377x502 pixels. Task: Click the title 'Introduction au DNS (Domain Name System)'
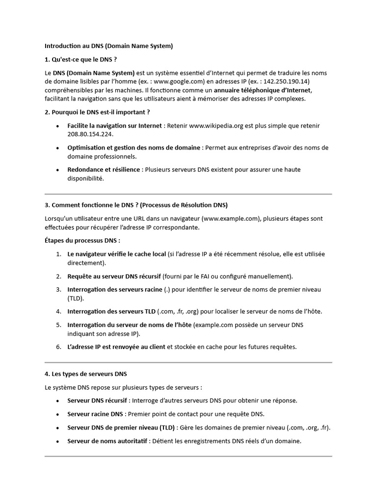coord(109,46)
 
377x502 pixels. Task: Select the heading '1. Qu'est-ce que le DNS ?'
coord(81,59)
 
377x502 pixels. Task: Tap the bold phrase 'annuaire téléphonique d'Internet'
coord(263,90)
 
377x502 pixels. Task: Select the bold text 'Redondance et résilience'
coord(104,170)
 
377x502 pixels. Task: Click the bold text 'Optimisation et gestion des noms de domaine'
coord(134,148)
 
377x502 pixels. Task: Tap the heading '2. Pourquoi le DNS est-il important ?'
coord(97,112)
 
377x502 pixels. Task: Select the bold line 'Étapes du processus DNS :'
coord(82,241)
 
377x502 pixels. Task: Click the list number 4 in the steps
coord(58,311)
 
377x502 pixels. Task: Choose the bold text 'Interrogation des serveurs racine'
coord(114,289)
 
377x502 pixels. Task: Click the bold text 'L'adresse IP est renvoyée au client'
coord(116,347)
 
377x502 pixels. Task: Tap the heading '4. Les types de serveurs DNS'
coord(85,374)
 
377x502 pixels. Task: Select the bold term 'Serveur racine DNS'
coord(95,414)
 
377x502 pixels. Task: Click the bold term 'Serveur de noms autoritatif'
coord(107,441)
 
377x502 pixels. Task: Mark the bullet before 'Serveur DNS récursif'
coord(58,401)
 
